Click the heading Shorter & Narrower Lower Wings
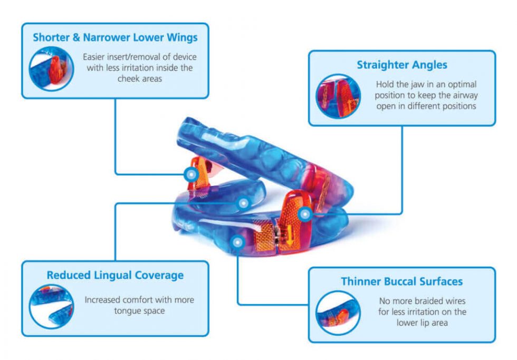(115, 37)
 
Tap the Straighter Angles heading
(401, 65)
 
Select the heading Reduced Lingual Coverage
(115, 275)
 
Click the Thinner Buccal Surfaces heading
(401, 281)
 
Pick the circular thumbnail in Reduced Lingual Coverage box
(51, 306)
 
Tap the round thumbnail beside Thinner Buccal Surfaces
(338, 312)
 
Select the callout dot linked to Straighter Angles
(304, 214)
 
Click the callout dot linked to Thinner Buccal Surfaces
(238, 242)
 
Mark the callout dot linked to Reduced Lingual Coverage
(243, 203)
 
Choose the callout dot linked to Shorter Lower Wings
(191, 174)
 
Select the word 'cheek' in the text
(126, 78)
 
